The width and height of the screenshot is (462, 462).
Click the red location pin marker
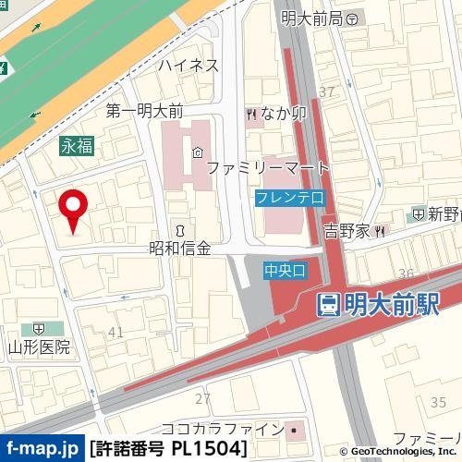[x=72, y=208]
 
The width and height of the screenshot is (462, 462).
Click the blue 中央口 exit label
[x=284, y=270]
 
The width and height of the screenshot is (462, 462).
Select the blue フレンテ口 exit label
[x=289, y=198]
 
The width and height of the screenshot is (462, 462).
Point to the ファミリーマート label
[x=267, y=169]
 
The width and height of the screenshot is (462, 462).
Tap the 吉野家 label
[x=346, y=229]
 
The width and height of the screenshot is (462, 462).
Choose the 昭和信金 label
[x=180, y=248]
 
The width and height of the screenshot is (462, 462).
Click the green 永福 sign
[x=78, y=144]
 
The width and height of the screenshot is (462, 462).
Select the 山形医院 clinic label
[x=40, y=347]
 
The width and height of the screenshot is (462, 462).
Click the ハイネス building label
[x=188, y=65]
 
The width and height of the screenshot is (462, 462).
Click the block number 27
[x=202, y=397]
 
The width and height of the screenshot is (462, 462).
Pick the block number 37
[x=325, y=91]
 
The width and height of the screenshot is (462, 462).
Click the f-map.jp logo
[x=42, y=449]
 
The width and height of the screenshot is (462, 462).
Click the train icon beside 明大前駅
[x=326, y=305]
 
